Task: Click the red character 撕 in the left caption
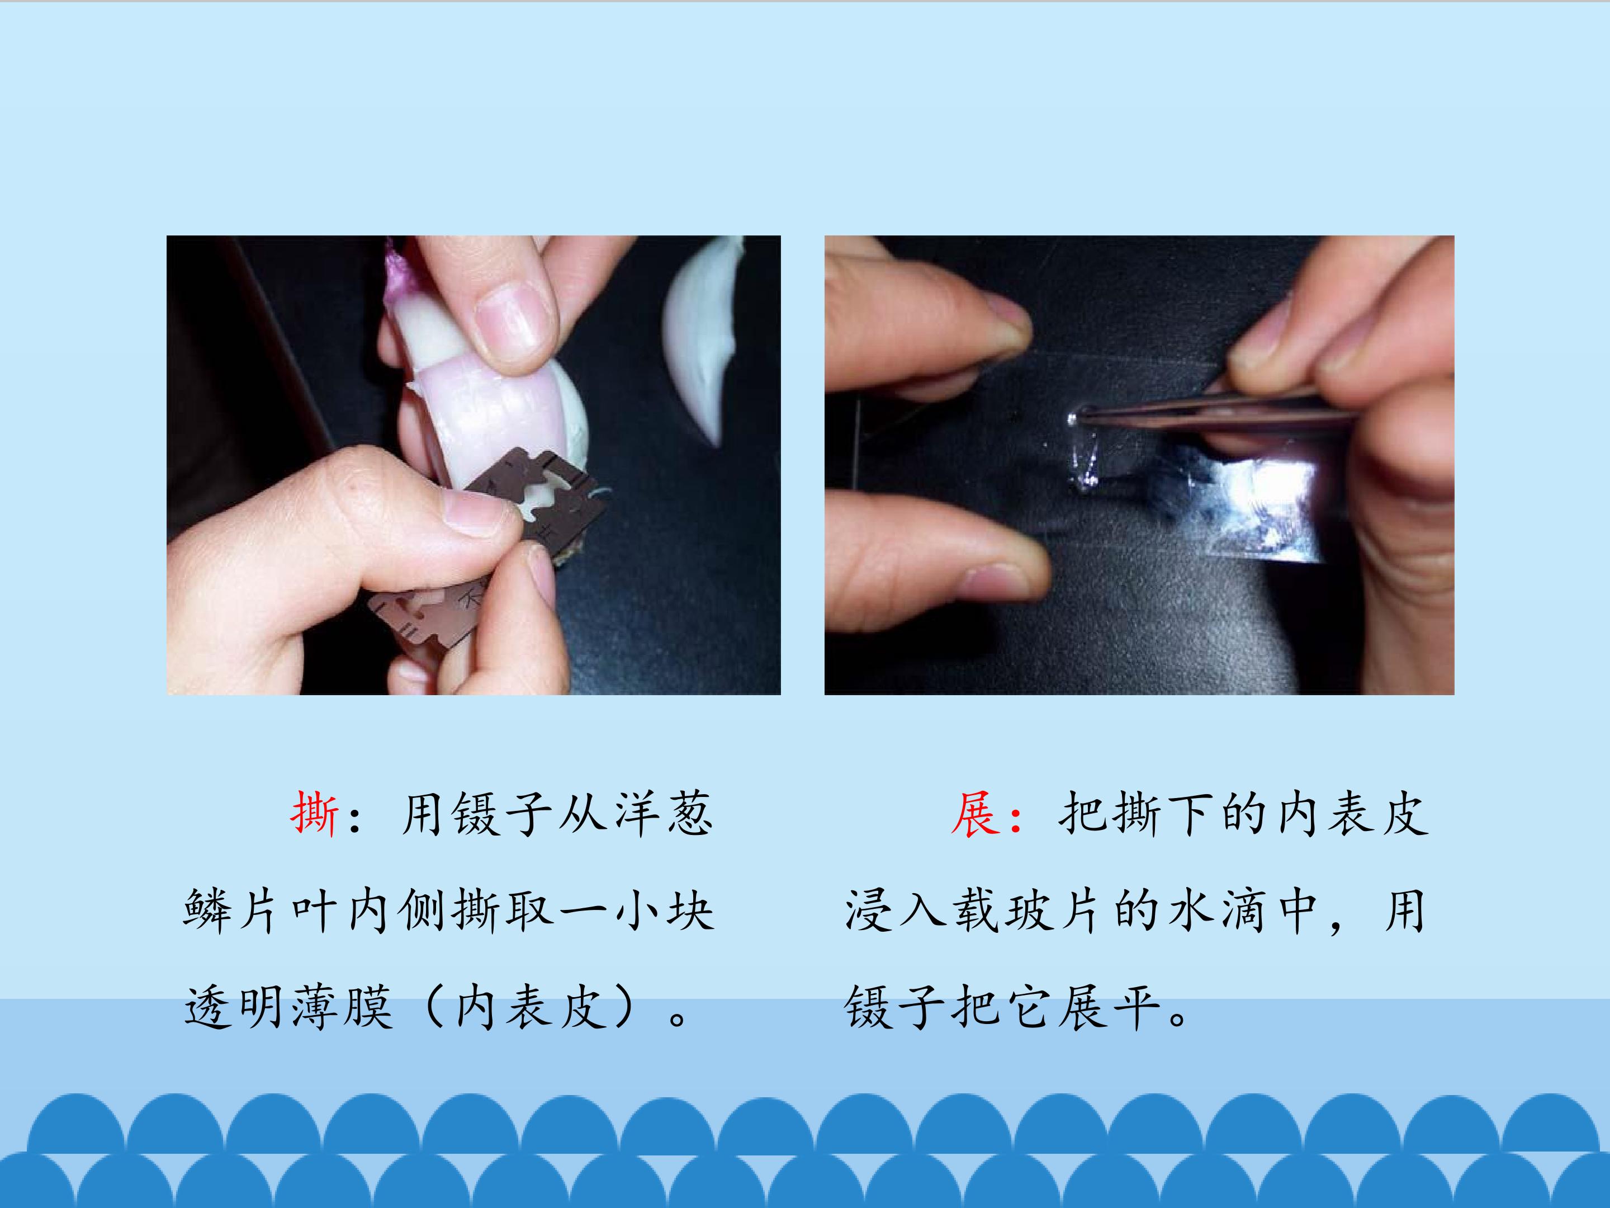(314, 813)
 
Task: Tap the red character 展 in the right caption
(974, 813)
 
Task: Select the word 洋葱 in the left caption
(663, 813)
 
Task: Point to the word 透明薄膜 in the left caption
(289, 1008)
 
